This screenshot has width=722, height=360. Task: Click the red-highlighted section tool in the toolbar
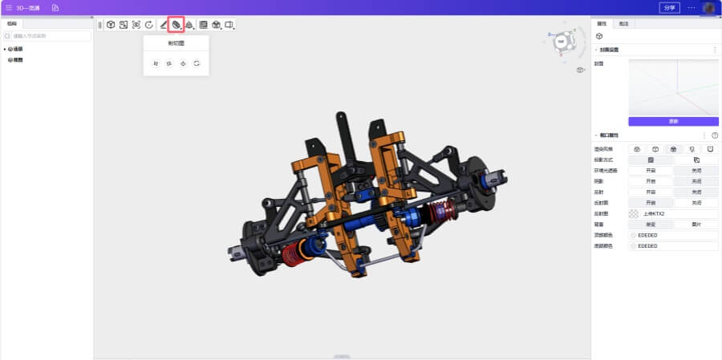(x=176, y=25)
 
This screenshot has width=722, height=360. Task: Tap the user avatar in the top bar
(x=708, y=7)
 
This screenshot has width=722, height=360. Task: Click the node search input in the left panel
(x=48, y=36)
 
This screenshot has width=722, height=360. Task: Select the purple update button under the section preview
(x=673, y=121)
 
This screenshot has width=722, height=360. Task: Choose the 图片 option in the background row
(x=696, y=224)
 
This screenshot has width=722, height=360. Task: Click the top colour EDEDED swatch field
(x=673, y=235)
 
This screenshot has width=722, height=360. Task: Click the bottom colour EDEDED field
(x=673, y=246)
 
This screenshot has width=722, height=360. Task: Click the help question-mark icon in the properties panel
(x=715, y=136)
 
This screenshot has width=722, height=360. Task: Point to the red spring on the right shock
(x=439, y=212)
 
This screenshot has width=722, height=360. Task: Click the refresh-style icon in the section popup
(x=197, y=63)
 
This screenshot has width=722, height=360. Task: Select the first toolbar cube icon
(x=111, y=25)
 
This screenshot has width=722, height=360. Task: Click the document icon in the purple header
(x=55, y=7)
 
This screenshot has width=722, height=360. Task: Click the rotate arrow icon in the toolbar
(x=149, y=25)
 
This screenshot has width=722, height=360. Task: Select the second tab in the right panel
(x=623, y=24)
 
